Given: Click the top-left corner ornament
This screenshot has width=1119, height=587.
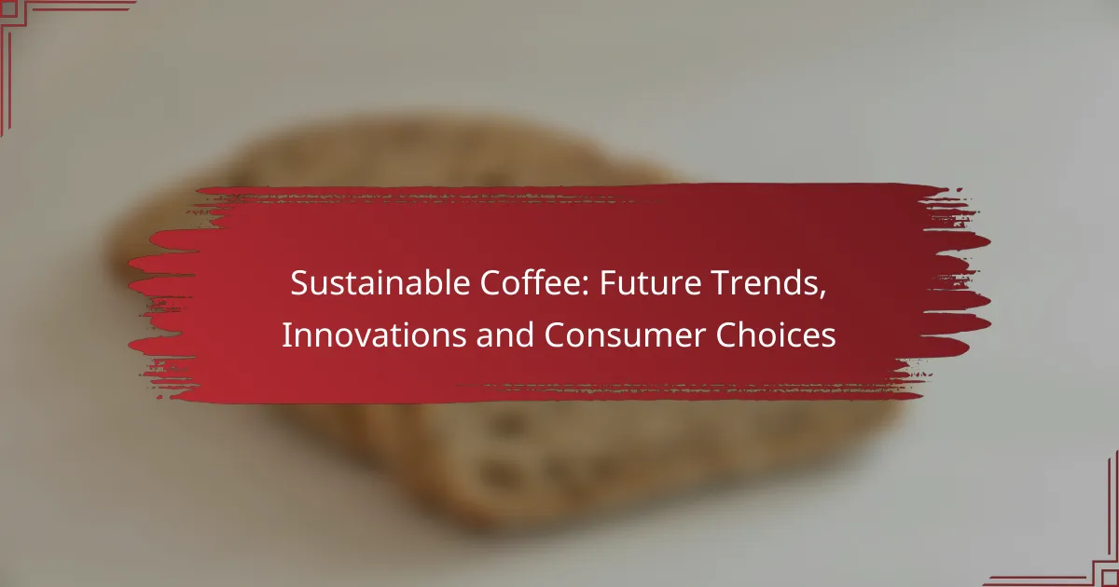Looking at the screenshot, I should pos(37,37).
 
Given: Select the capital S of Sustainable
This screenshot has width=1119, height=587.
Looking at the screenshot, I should pos(297,285).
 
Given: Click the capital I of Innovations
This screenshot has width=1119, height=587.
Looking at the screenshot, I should pos(285,336).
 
